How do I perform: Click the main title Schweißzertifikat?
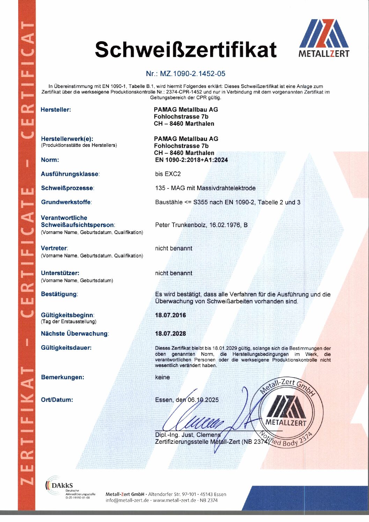[x=186, y=49]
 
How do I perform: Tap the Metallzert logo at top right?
[x=324, y=38]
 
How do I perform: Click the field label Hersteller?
[x=56, y=110]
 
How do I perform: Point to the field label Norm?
[x=50, y=160]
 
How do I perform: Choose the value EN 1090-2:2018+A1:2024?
[x=191, y=160]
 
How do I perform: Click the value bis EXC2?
[x=168, y=174]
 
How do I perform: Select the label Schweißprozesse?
[x=67, y=188]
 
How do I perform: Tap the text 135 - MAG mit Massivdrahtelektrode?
[x=205, y=188]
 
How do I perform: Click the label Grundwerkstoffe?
[x=66, y=202]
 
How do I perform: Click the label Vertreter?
[x=54, y=248]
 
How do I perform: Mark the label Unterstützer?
[x=60, y=273]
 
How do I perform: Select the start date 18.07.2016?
[x=170, y=315]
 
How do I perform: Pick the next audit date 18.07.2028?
[x=170, y=334]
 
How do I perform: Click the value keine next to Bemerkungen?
[x=162, y=377]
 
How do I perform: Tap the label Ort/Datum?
[x=57, y=400]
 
